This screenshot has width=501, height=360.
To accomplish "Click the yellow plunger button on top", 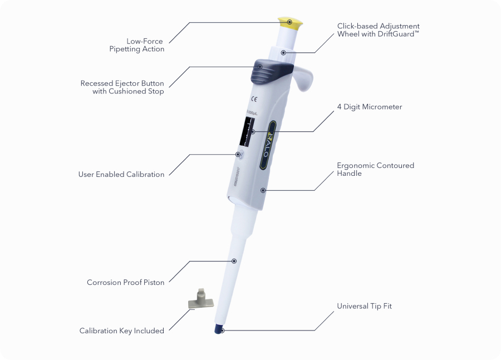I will (290, 23).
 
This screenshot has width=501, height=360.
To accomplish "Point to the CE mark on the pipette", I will (253, 100).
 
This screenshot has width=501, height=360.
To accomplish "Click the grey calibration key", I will (200, 300).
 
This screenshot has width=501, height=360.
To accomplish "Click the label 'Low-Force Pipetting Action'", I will (137, 45).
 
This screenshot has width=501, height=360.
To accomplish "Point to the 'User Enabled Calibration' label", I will (121, 174).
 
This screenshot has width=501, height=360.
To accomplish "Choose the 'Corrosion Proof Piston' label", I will (126, 282).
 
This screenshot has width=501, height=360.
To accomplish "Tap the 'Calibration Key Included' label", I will (122, 331).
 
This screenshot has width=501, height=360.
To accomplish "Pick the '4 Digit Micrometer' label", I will (370, 107).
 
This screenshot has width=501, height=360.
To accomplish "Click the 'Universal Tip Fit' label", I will (365, 306).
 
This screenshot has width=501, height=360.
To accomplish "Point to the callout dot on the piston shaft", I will (234, 260).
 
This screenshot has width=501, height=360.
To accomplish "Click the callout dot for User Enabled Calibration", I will (238, 154).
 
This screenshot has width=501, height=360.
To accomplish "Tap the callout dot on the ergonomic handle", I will (263, 190).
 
